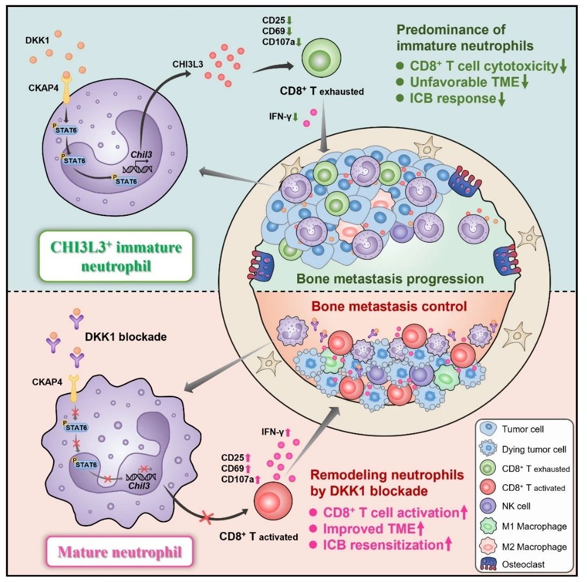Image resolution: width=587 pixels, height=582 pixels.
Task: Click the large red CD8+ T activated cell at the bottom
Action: (272, 503)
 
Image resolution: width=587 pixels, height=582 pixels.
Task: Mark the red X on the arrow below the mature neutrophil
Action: (207, 518)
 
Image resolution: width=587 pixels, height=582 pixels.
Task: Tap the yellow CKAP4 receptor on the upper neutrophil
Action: (67, 88)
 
